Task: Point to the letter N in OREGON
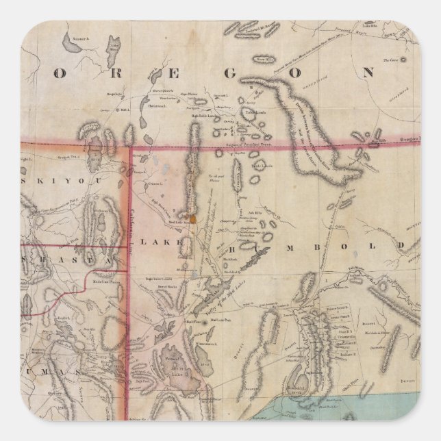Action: tap(368, 71)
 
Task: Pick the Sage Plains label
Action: tap(186, 99)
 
